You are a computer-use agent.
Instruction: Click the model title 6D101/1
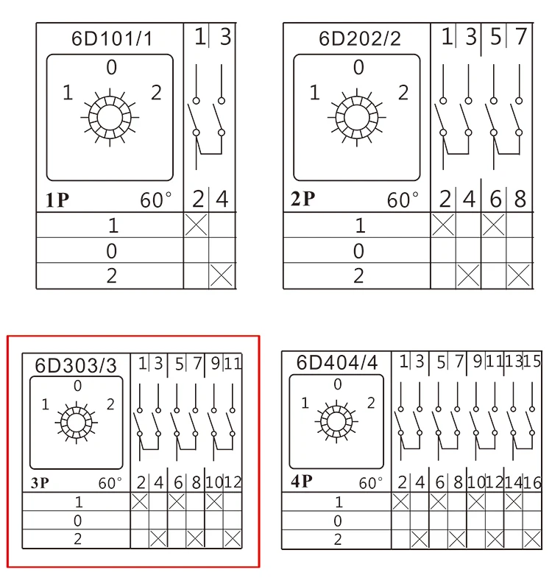point(112,38)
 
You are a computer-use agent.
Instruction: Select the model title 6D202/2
point(359,38)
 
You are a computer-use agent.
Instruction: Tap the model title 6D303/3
point(76,366)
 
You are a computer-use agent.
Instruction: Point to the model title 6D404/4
point(337,363)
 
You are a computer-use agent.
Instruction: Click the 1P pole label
point(57,200)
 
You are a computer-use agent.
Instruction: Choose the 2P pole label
point(303,199)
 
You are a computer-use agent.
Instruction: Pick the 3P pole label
point(40,482)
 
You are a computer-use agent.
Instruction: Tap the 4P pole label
point(302,481)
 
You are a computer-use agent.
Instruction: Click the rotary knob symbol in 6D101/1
point(110,118)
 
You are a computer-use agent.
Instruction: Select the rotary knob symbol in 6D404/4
point(336,421)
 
